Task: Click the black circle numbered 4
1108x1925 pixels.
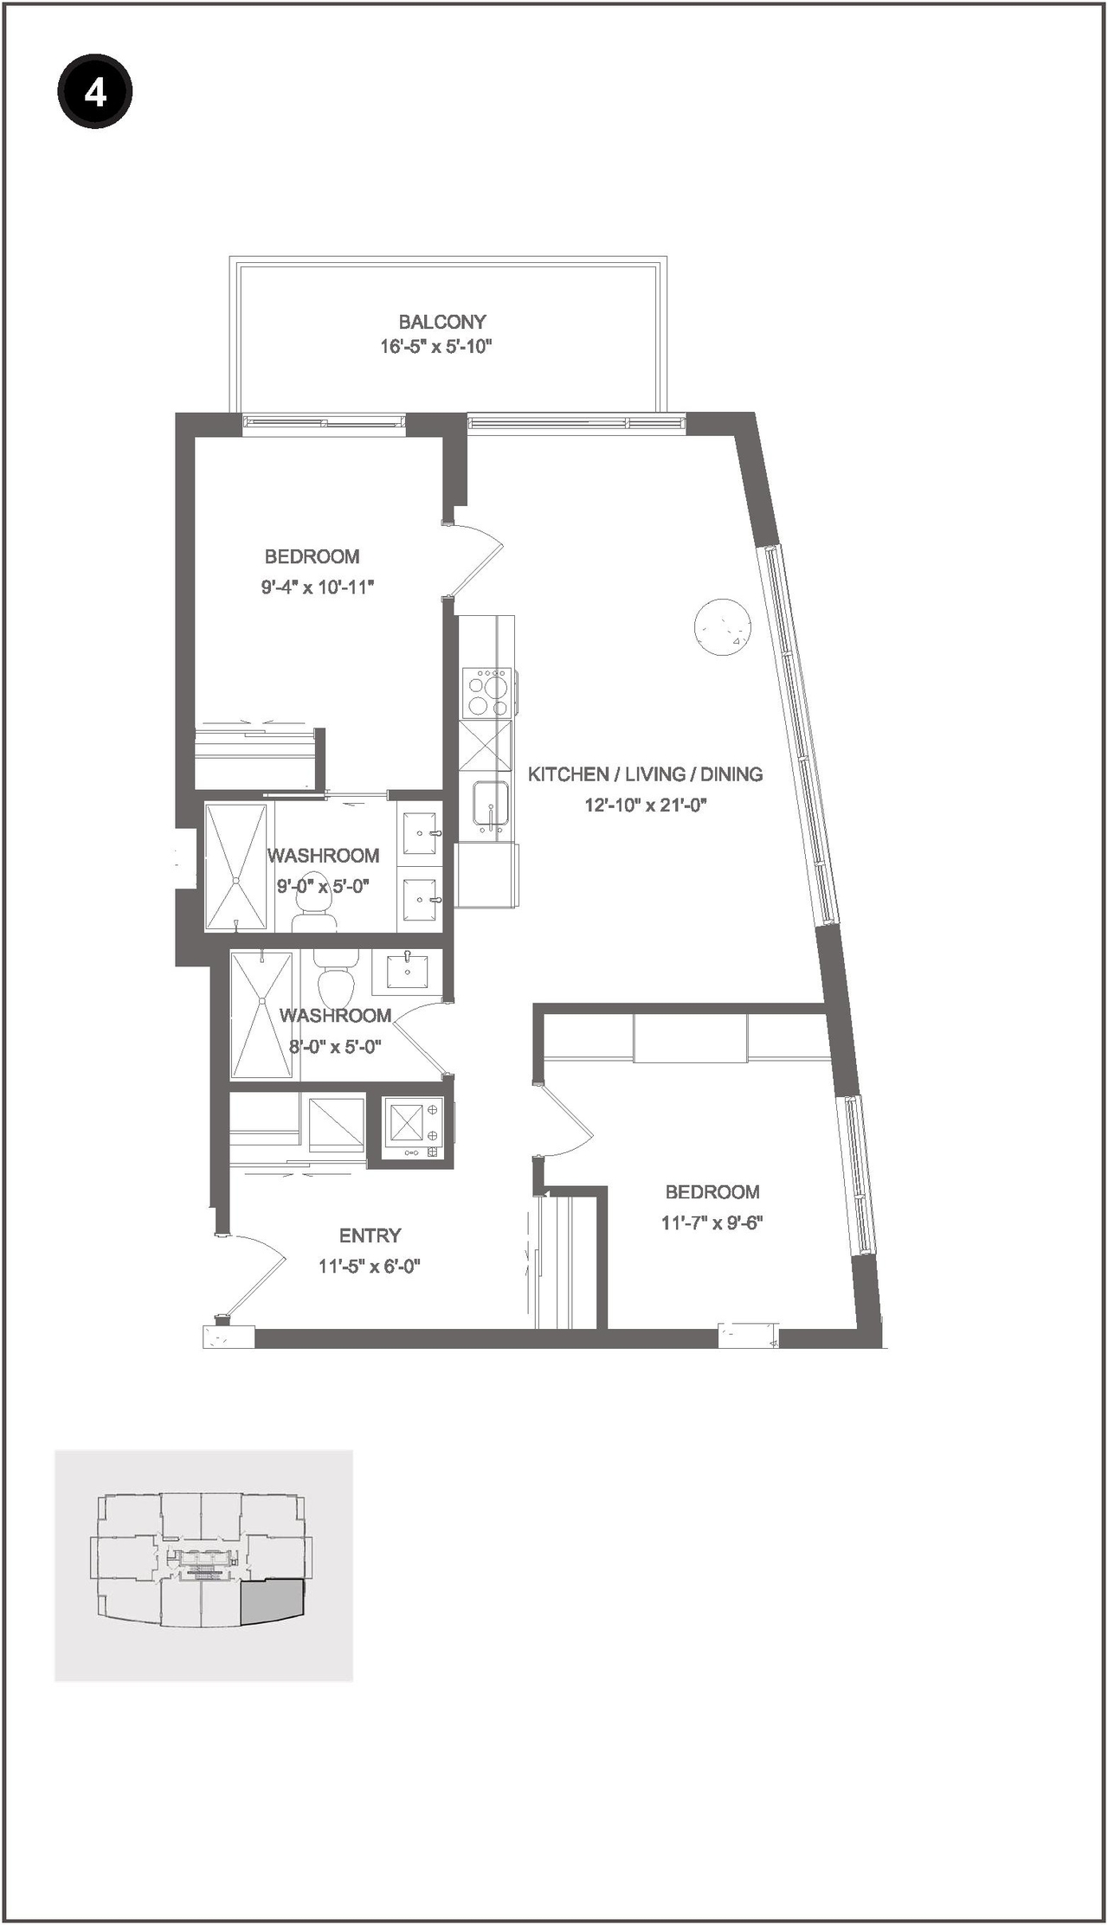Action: [x=94, y=92]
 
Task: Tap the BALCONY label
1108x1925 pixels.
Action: [x=441, y=322]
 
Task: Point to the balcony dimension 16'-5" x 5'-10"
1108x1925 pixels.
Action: [x=435, y=347]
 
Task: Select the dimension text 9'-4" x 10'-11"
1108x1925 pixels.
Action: [x=317, y=587]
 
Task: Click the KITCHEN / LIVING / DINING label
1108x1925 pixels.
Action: [x=645, y=774]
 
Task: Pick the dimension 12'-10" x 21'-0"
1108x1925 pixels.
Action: [x=646, y=805]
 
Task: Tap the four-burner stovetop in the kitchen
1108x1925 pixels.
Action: [x=486, y=692]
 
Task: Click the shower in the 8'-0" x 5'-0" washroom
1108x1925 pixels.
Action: [x=262, y=1014]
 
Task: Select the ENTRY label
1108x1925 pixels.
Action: [x=370, y=1235]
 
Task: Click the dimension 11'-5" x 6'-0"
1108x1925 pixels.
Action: [x=369, y=1267]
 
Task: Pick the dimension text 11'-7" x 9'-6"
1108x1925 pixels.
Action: [x=712, y=1223]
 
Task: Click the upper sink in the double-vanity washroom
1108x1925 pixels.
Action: [x=422, y=831]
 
